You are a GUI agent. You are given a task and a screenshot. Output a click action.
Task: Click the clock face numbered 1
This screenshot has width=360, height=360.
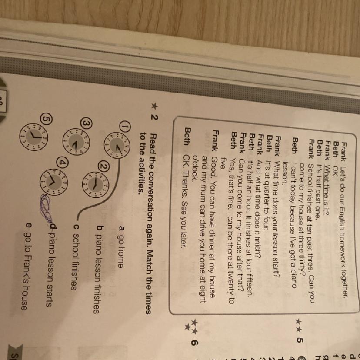tap(117, 146)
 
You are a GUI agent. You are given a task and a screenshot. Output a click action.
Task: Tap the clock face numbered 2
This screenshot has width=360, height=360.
tap(96, 184)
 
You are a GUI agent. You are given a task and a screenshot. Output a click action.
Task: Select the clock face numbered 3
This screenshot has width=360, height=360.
tap(77, 141)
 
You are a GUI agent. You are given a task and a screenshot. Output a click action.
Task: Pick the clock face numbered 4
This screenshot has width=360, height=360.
tap(54, 183)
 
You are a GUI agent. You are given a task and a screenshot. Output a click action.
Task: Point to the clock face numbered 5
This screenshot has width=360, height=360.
tap(34, 137)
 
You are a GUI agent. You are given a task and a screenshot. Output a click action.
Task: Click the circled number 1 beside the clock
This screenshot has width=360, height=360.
tap(125, 126)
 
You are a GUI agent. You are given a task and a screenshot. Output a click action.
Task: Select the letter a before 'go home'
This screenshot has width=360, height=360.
tap(121, 228)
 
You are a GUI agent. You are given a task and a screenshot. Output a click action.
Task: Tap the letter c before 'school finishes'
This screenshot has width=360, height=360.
tap(76, 227)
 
